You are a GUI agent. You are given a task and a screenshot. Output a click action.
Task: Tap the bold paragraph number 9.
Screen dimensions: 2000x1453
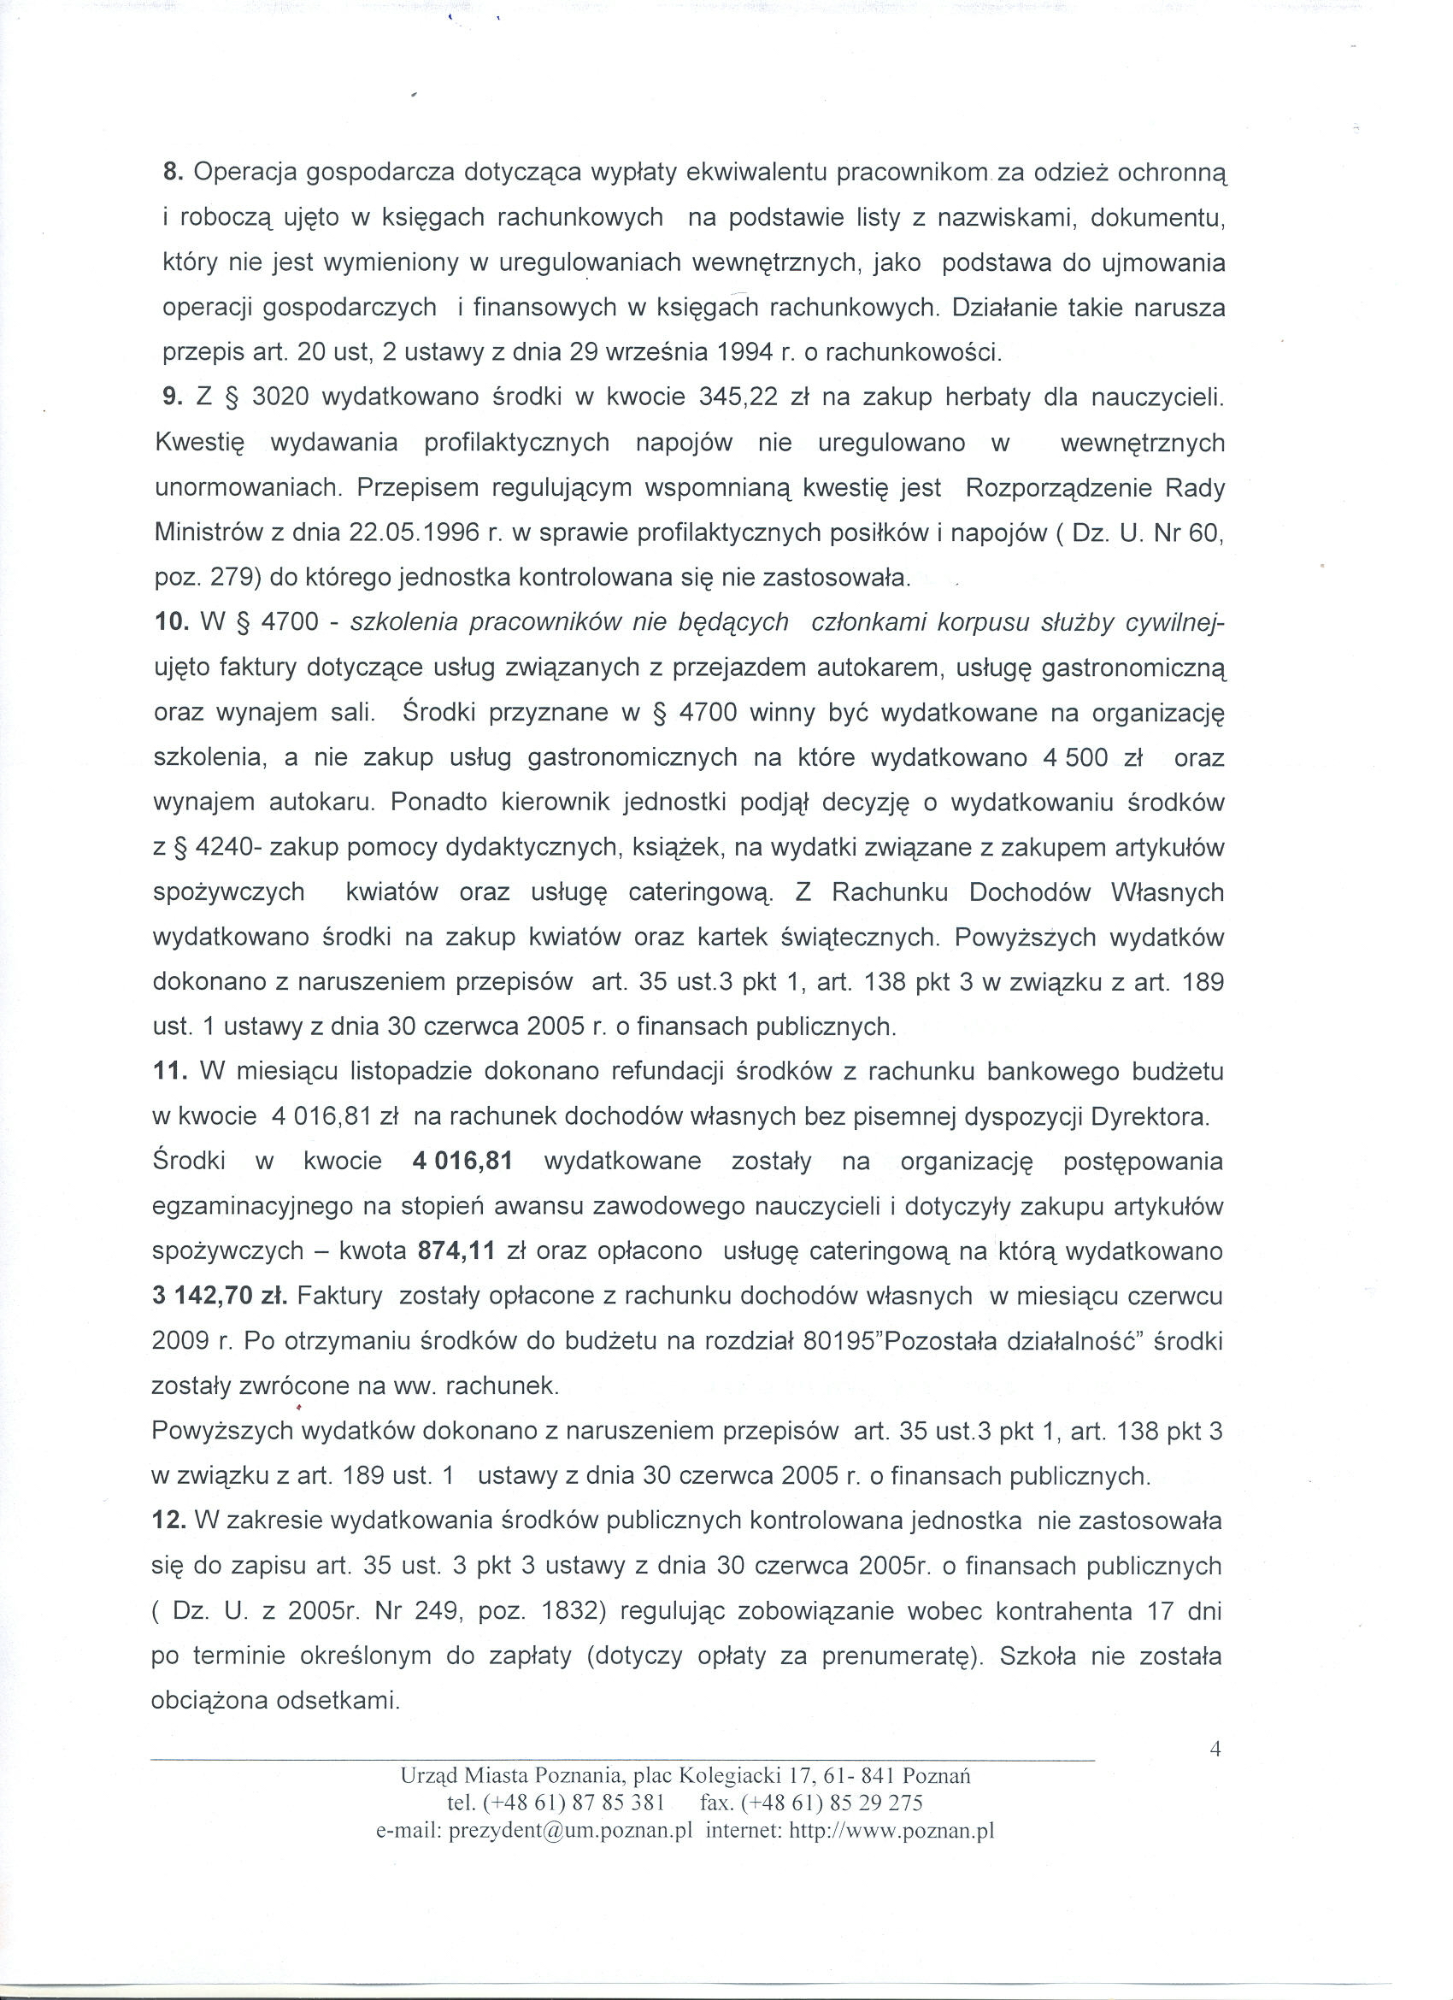(173, 397)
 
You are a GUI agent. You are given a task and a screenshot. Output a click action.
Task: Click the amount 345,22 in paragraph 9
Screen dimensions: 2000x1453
(737, 397)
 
